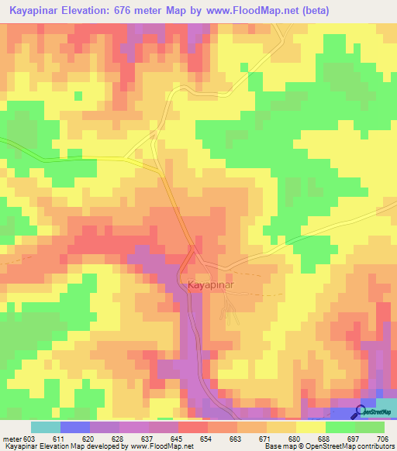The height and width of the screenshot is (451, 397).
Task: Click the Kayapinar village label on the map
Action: pyautogui.click(x=211, y=285)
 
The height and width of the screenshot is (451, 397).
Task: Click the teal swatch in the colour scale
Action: pyautogui.click(x=45, y=427)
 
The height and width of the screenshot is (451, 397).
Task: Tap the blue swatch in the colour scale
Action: pyautogui.click(x=74, y=427)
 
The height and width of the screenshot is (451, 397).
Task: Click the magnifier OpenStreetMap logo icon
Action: pyautogui.click(x=361, y=411)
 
